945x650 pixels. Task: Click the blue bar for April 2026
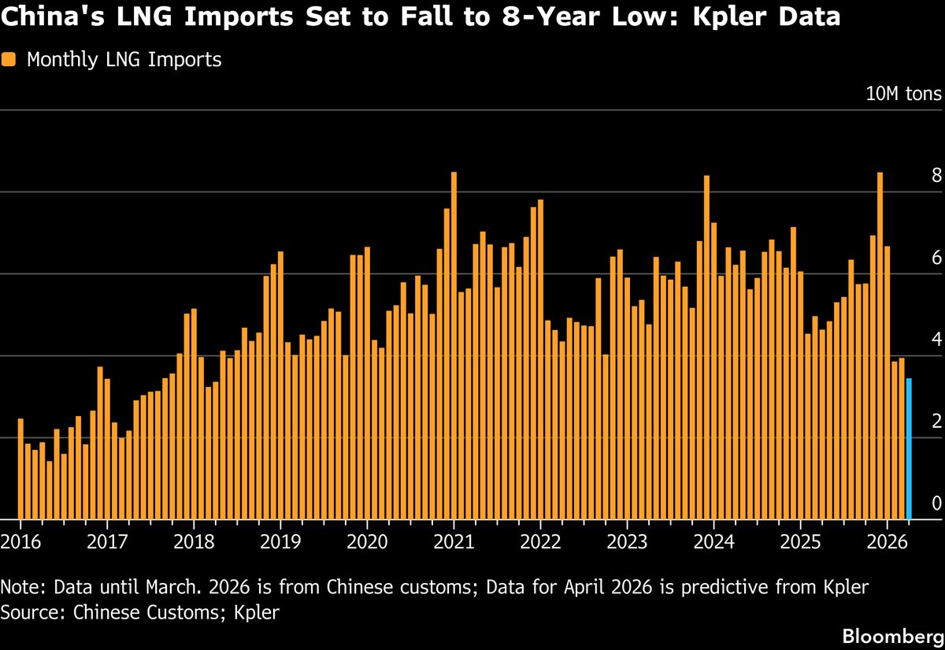pyautogui.click(x=909, y=449)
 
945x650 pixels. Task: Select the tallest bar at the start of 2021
pyautogui.click(x=454, y=347)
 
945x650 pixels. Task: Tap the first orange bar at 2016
pyautogui.click(x=20, y=469)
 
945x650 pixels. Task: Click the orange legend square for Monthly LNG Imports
pyautogui.click(x=9, y=60)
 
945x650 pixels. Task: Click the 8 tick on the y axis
pyautogui.click(x=936, y=176)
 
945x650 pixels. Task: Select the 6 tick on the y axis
pyautogui.click(x=936, y=258)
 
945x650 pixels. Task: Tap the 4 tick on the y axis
pyautogui.click(x=936, y=340)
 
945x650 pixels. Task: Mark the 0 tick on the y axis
pyautogui.click(x=936, y=503)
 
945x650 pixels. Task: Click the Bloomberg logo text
pyautogui.click(x=891, y=635)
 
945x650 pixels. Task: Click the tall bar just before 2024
pyautogui.click(x=706, y=347)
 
